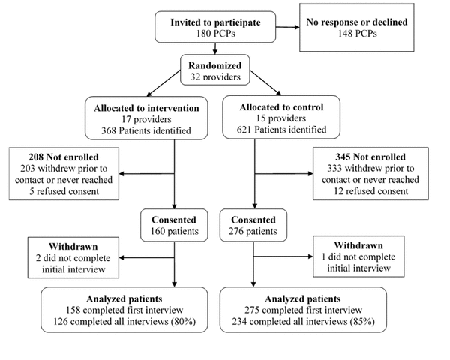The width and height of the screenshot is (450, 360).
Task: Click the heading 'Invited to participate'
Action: tap(215, 22)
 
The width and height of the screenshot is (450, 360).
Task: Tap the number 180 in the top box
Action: tap(204, 34)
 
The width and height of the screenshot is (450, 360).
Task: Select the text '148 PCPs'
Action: tap(357, 34)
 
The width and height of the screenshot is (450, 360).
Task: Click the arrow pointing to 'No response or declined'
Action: tap(287, 27)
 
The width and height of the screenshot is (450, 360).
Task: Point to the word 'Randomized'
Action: tap(215, 65)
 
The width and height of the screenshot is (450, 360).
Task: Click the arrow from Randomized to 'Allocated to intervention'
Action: tap(163, 83)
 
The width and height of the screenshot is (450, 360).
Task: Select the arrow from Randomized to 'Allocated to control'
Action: tap(265, 82)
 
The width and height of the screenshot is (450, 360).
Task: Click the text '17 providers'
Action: tap(146, 119)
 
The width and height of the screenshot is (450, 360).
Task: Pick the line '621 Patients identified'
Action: tap(281, 130)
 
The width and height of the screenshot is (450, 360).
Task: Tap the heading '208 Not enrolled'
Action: tap(64, 157)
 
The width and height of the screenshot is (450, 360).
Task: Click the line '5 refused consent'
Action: tap(64, 191)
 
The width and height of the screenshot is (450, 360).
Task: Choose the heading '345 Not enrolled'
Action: tap(370, 157)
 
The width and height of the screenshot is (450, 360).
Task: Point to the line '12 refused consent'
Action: tap(370, 191)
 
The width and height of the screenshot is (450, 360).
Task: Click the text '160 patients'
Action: tap(175, 231)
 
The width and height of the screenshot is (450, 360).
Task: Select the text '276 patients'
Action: tap(253, 231)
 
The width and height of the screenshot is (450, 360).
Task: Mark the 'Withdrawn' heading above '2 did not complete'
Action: tap(73, 246)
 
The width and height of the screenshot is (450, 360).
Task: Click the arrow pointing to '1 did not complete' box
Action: tap(283, 256)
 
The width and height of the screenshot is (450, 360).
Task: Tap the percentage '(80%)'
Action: tap(184, 321)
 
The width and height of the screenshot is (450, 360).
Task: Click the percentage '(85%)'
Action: tap(362, 321)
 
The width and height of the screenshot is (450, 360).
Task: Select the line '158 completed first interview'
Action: tap(124, 310)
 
